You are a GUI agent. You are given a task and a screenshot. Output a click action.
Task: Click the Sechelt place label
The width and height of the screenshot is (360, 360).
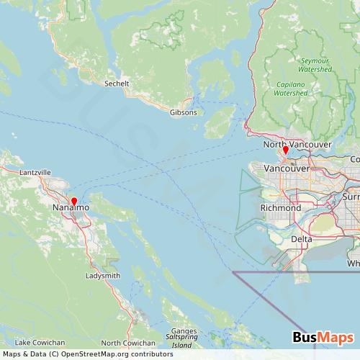[117, 84]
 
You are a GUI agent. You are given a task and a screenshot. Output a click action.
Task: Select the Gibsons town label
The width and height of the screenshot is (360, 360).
[182, 112]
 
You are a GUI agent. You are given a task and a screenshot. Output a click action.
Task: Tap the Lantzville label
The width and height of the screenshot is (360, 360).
[35, 173]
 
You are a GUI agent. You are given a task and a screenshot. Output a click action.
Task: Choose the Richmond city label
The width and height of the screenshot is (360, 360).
[280, 207]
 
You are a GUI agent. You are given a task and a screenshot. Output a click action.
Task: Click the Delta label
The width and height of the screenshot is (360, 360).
[302, 238]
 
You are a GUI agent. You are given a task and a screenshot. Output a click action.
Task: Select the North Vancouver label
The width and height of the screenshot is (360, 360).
[297, 145]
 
